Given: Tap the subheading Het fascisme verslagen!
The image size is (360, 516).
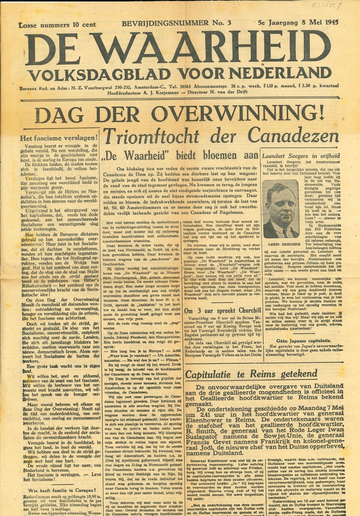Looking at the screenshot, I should point(58,138).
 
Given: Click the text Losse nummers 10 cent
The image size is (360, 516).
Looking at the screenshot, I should point(52,25).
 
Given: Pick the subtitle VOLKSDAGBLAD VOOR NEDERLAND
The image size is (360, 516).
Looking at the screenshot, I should point(180,73).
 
